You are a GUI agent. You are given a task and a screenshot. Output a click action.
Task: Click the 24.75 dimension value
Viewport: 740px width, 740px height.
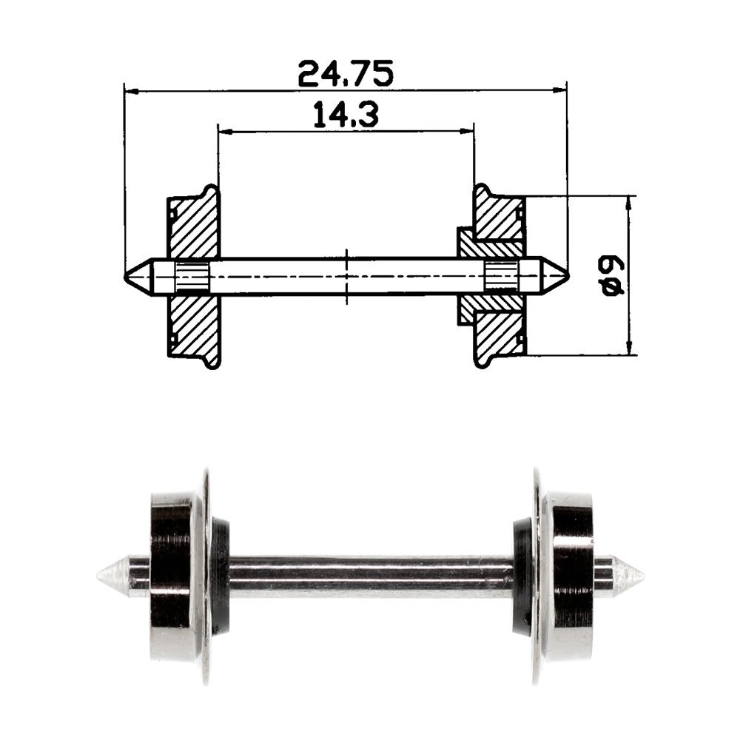point(345,74)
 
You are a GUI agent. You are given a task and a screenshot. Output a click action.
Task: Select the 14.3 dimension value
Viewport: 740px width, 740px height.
point(346,115)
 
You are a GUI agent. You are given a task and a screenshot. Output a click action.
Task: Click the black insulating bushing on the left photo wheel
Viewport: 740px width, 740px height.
point(221,576)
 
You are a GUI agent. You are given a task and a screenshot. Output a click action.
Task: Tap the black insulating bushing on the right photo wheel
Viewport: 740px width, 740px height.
point(522,576)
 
